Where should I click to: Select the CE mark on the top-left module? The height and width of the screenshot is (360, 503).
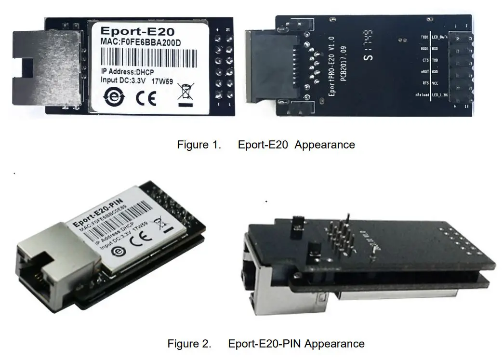click(146, 97)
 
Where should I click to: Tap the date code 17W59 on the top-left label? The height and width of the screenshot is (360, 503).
click(162, 81)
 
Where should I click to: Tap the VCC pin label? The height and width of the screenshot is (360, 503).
click(435, 83)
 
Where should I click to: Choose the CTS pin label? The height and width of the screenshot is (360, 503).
click(424, 60)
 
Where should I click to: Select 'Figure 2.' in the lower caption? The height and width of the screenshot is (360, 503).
click(189, 344)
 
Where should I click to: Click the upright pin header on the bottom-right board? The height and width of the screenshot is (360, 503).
click(341, 233)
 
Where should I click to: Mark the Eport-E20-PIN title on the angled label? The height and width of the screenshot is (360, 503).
click(99, 214)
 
